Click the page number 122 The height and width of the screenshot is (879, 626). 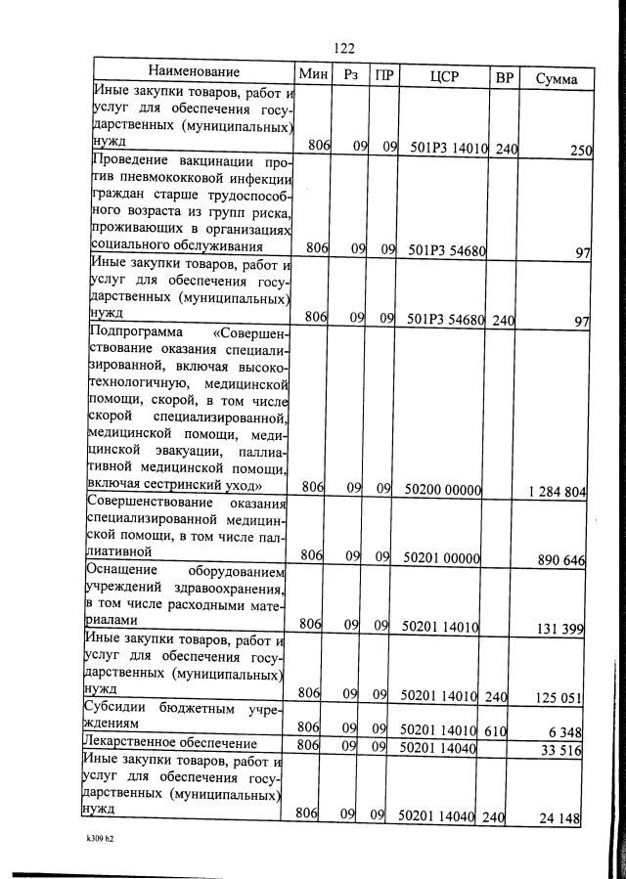pos(342,49)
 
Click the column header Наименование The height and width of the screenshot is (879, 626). pos(194,72)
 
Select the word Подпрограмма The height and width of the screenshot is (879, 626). pos(133,332)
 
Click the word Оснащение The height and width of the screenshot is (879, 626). pos(123,569)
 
